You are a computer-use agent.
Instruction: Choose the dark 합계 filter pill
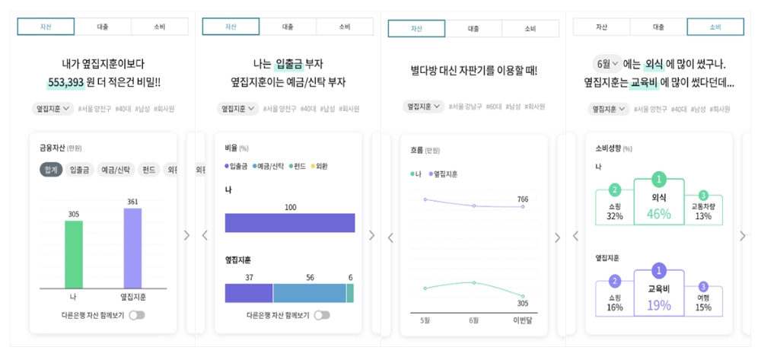[50, 170]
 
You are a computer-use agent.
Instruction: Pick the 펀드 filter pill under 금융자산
[148, 170]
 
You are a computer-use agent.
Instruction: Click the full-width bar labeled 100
[290, 222]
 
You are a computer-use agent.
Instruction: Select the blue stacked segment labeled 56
[309, 293]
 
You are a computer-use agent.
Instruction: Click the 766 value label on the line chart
[523, 199]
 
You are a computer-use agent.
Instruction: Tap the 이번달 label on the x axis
[523, 320]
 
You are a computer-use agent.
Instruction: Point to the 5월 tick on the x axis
[425, 320]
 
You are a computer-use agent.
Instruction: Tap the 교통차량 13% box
[703, 209]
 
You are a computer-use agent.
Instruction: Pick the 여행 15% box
[703, 301]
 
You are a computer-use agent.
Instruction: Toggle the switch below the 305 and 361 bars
[137, 315]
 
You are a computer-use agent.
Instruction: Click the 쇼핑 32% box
[615, 209]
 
